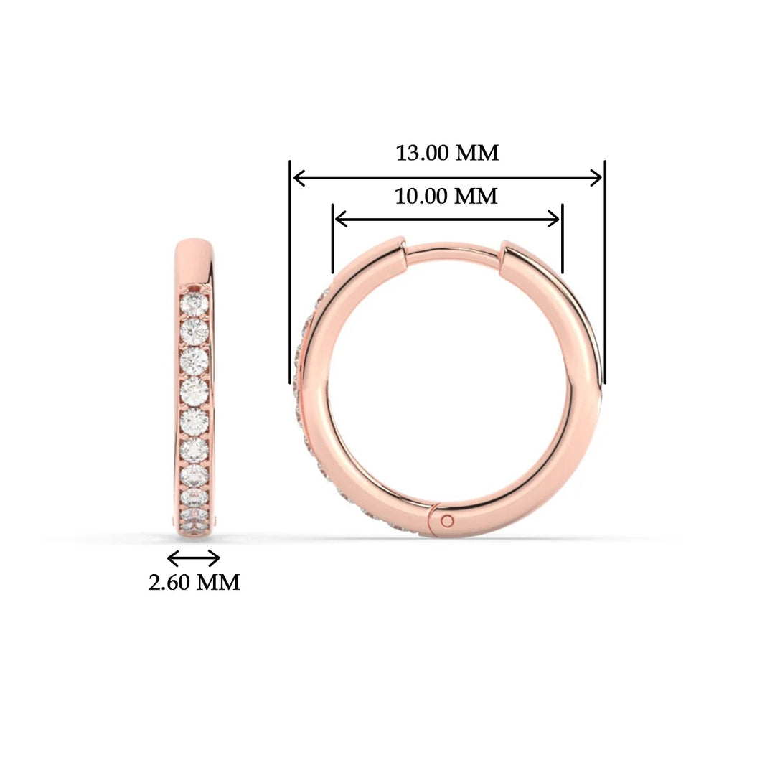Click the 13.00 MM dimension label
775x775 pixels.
447,153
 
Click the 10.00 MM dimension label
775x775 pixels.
446,196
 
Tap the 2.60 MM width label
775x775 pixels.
194,582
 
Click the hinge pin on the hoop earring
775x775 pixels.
448,520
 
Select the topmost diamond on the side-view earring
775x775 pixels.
194,305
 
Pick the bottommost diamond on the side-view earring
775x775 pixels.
194,515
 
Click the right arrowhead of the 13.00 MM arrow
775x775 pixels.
597,177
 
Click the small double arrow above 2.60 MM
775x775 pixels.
193,558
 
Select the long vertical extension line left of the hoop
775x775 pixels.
290,273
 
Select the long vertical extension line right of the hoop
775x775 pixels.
605,273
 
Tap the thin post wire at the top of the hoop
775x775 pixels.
452,248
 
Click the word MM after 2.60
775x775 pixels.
218,582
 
